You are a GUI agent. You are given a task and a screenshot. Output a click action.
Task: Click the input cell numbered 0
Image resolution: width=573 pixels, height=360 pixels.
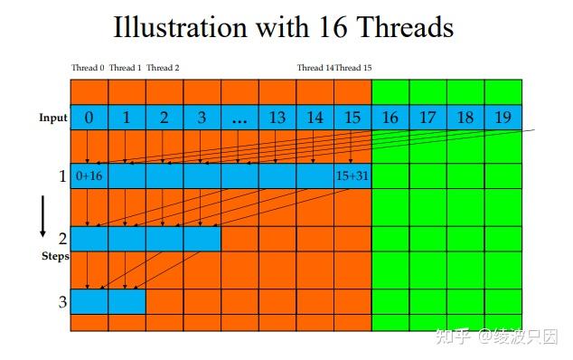[x=89, y=117]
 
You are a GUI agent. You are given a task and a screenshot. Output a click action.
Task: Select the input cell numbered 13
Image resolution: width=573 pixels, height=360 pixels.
[x=277, y=117]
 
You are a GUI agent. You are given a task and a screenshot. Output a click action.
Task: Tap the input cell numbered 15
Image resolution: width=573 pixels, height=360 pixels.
[x=352, y=117]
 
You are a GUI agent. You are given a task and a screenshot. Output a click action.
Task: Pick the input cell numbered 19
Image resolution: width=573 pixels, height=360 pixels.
[x=503, y=117]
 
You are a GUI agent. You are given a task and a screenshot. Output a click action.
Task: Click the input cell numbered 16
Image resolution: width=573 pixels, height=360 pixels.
[x=390, y=117]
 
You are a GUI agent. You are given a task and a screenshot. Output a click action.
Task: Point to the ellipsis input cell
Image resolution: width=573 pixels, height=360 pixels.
[x=239, y=117]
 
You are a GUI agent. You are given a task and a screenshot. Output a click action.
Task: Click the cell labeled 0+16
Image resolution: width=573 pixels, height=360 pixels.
[x=89, y=175]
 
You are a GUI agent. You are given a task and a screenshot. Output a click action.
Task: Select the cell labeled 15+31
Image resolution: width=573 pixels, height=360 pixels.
[x=352, y=175]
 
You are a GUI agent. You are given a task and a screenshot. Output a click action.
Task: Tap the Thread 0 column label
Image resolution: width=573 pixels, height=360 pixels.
[x=88, y=68]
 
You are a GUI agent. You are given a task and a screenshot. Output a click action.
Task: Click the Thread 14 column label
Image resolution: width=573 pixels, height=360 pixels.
[x=315, y=68]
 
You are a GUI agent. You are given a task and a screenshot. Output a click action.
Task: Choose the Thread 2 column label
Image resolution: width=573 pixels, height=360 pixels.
[x=163, y=68]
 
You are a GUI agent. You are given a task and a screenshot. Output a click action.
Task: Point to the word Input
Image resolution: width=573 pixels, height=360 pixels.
[x=53, y=118]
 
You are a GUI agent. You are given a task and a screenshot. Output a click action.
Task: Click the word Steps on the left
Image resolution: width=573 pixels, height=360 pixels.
[x=55, y=256]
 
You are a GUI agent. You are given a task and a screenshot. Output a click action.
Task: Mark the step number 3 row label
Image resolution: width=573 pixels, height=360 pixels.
[x=62, y=301]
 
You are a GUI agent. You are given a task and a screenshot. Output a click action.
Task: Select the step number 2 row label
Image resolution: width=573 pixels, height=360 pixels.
[x=62, y=239]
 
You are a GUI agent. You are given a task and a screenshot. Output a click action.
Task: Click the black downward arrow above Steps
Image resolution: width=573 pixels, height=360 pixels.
[x=42, y=217]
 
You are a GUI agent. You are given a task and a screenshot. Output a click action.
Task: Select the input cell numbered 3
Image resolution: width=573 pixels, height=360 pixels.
[x=202, y=117]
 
